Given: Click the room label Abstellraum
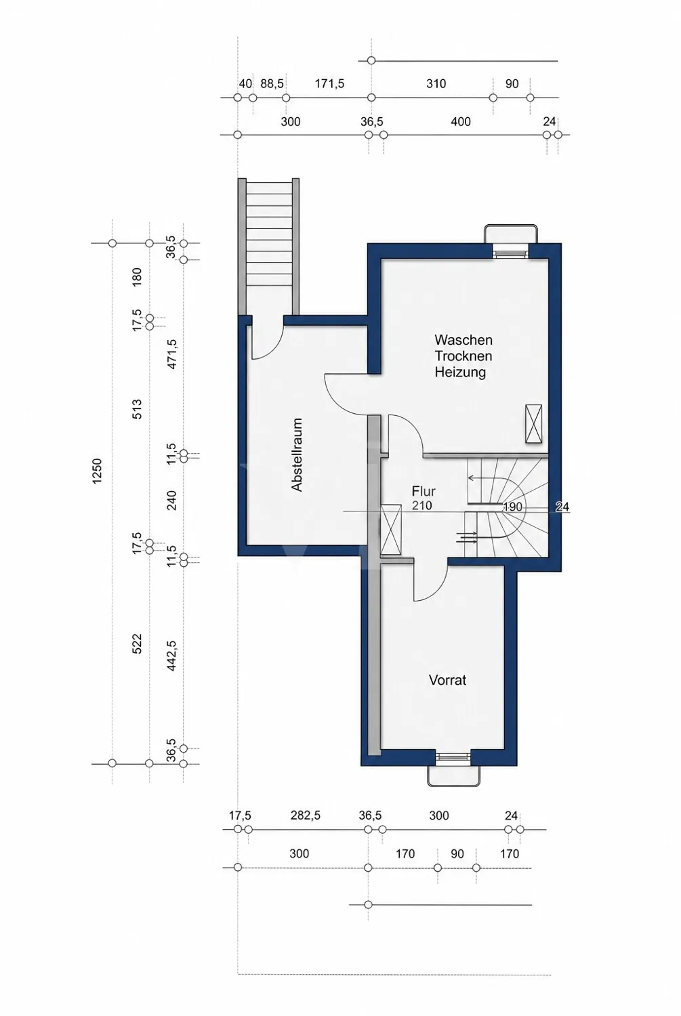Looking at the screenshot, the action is pos(297,454).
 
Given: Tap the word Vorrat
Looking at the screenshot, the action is pos(447,680).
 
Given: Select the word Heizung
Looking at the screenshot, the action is pos(460,373).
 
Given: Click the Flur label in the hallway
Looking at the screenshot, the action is pos(424,491).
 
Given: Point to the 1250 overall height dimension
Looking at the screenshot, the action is pos(98,471).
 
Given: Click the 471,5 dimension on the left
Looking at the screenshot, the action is pos(172,354).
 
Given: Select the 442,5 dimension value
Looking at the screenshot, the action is pos(172,656).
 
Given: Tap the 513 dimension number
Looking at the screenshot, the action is pos(137,409).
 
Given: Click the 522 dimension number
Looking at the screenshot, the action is pos(137,643).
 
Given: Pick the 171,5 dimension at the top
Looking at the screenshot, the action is pos(329,84).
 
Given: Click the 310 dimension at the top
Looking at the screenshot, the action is pos(436,84).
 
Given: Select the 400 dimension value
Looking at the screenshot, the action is pos(461,121).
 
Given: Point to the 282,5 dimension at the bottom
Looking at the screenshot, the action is pos(306,816).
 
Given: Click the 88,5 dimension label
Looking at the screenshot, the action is pos(272,84).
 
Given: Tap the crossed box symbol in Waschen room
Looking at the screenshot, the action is pos(533,423).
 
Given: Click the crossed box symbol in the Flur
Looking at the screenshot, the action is pos(390,530).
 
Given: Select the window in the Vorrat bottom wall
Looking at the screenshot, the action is pos(453,756).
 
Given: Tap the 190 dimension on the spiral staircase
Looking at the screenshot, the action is pos(513,507).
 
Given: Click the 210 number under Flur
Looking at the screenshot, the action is pos(422,505).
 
